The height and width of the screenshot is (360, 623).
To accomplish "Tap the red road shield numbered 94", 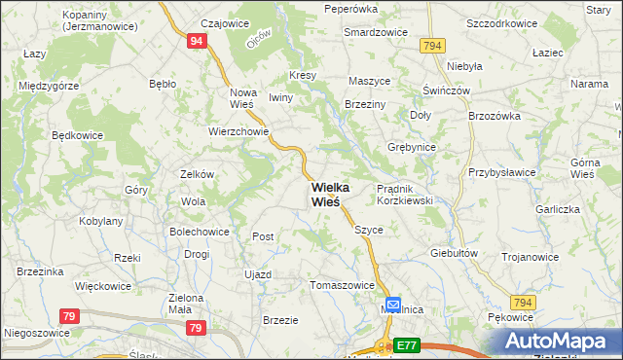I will point(197,41).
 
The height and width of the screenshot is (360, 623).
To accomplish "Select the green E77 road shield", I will point(406,344).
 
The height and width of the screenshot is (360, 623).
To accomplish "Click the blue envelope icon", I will point(392,306).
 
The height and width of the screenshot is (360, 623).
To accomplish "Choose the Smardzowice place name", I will point(376,31).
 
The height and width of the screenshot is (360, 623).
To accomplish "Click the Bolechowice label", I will point(200,232).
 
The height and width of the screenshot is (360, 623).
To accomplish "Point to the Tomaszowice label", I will point(342,285).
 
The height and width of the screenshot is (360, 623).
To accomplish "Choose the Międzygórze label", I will point(49,86).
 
